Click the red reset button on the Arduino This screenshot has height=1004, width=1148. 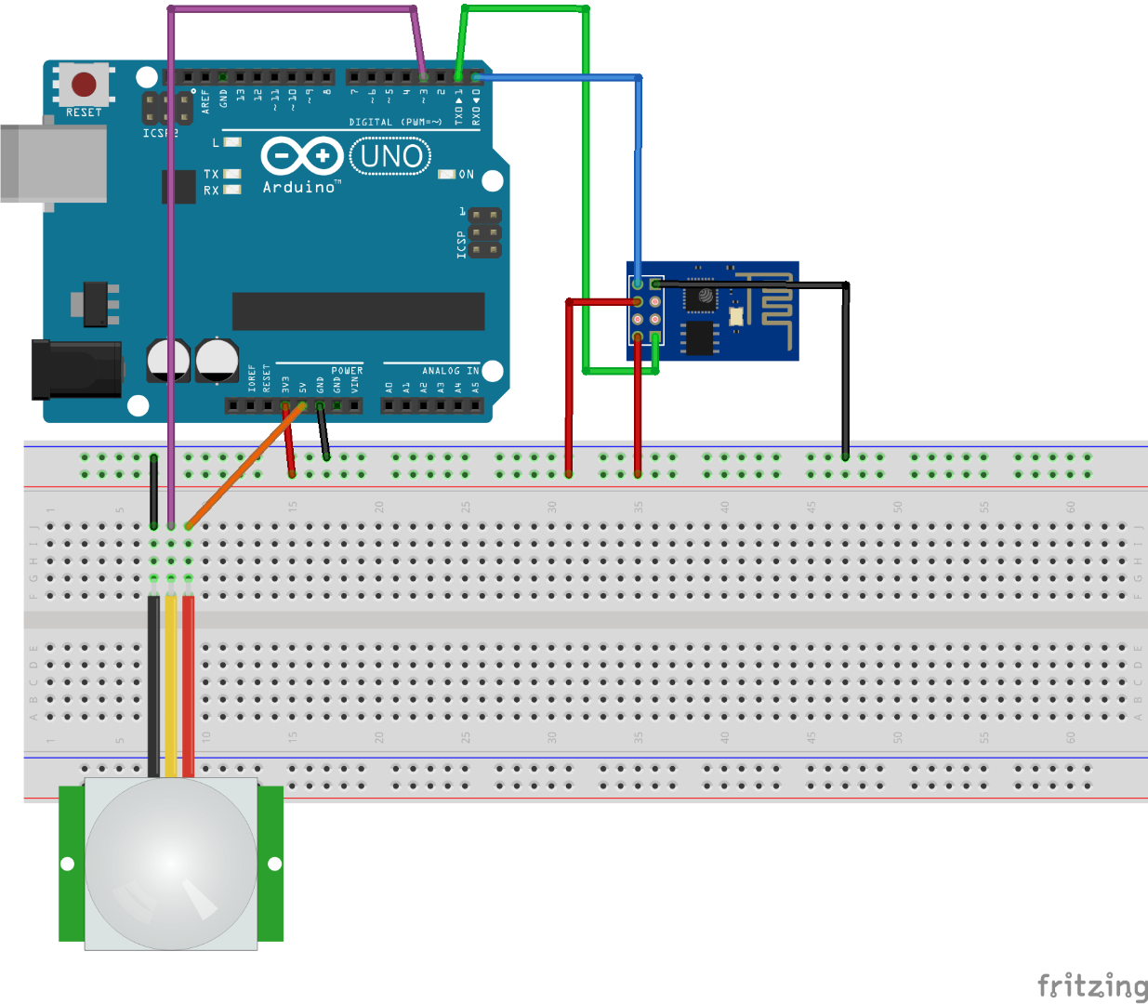pos(84,85)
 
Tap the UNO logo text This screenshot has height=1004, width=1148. pos(390,156)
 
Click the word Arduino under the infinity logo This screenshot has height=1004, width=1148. pos(298,187)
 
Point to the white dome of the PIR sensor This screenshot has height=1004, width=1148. pos(171,864)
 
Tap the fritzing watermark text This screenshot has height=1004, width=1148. pos(1092,985)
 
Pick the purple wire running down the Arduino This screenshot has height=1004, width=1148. pos(171,279)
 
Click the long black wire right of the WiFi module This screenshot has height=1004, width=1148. pos(845,372)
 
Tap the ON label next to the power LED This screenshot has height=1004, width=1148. pos(466,175)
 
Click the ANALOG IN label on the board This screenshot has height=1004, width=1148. pos(450,371)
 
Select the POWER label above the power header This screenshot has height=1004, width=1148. pos(347,371)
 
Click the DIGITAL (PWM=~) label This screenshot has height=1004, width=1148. pos(395,122)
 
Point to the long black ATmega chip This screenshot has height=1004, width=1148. pos(358,311)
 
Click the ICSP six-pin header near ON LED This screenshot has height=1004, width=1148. pos(484,232)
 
